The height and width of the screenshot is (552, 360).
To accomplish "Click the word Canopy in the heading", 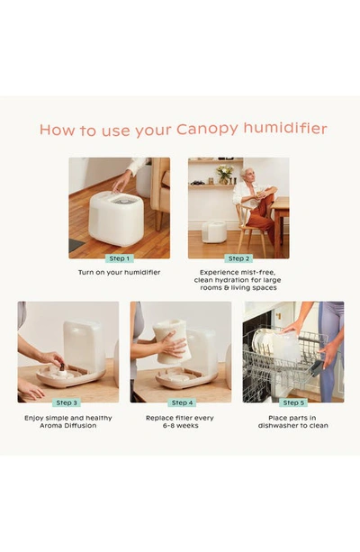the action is point(207,130).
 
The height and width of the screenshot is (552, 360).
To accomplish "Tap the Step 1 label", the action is point(120,258).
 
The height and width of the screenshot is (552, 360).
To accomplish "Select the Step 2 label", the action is point(238,258).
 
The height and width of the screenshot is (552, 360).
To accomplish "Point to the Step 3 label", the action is point(67,403).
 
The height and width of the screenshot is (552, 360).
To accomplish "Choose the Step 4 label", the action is point(182,403).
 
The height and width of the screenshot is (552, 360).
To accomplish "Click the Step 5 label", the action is point(293,403).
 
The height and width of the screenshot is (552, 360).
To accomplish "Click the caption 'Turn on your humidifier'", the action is point(119,273).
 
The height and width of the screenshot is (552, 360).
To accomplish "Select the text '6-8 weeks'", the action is point(181,426).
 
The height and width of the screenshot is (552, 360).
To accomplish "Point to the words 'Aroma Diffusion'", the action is point(67,426).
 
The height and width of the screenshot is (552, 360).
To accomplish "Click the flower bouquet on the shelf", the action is point(224,174).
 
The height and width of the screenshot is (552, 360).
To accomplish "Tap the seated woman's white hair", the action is point(246,172).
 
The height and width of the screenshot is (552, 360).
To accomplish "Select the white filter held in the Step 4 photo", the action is point(169,341).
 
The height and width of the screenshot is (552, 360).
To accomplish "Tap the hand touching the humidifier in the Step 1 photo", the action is point(121,182).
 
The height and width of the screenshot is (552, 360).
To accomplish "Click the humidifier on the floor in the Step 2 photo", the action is point(214,231).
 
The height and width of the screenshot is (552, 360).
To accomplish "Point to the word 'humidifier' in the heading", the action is point(285,129).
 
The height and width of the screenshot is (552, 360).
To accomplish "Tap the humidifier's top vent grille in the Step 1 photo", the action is point(124,202).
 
